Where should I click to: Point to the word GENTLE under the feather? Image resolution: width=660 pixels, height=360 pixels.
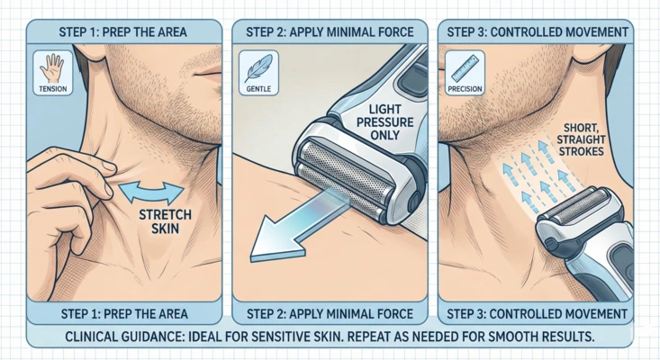(x=253, y=90)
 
